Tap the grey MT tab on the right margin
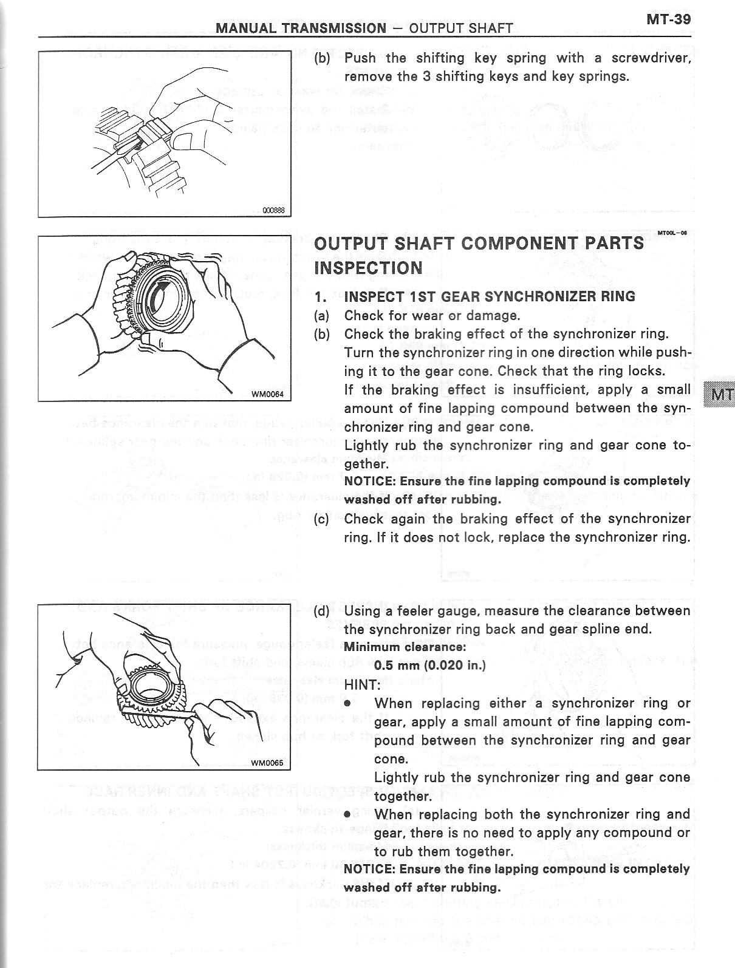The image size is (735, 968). (x=719, y=395)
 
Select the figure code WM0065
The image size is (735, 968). (x=267, y=763)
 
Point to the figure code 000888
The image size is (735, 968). (x=273, y=211)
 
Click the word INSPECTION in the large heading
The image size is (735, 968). (x=368, y=268)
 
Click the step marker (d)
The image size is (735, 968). (x=321, y=611)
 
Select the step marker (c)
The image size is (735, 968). (x=321, y=519)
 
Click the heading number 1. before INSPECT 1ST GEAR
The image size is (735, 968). (x=321, y=297)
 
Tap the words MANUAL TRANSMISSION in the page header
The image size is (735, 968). (x=301, y=28)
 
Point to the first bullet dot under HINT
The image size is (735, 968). (x=347, y=704)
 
